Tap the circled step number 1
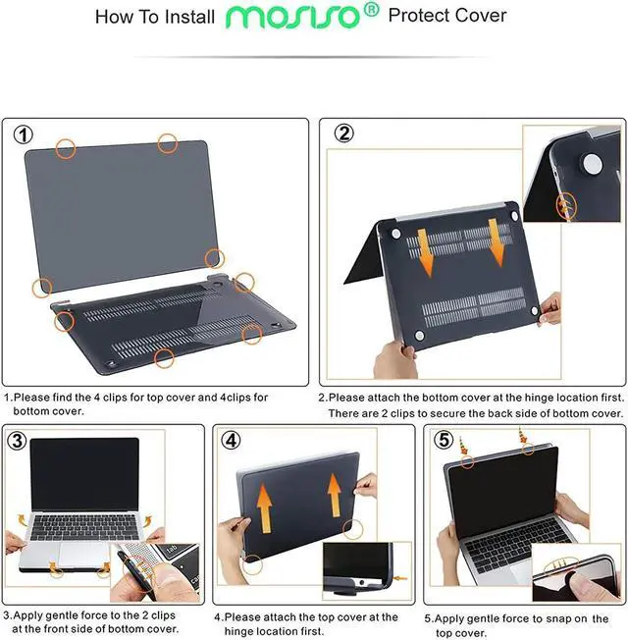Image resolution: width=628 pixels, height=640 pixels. pos(24,135)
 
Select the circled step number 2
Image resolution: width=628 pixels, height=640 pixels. pos(344,135)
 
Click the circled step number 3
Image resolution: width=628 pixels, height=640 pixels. pos(17,441)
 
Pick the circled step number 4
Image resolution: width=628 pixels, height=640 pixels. pos(231,441)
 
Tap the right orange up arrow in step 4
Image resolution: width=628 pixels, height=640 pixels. pos(333,495)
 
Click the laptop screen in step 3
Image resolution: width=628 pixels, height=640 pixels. pos(85,474)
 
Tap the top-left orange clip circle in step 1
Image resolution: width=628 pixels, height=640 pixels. pos(66,148)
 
